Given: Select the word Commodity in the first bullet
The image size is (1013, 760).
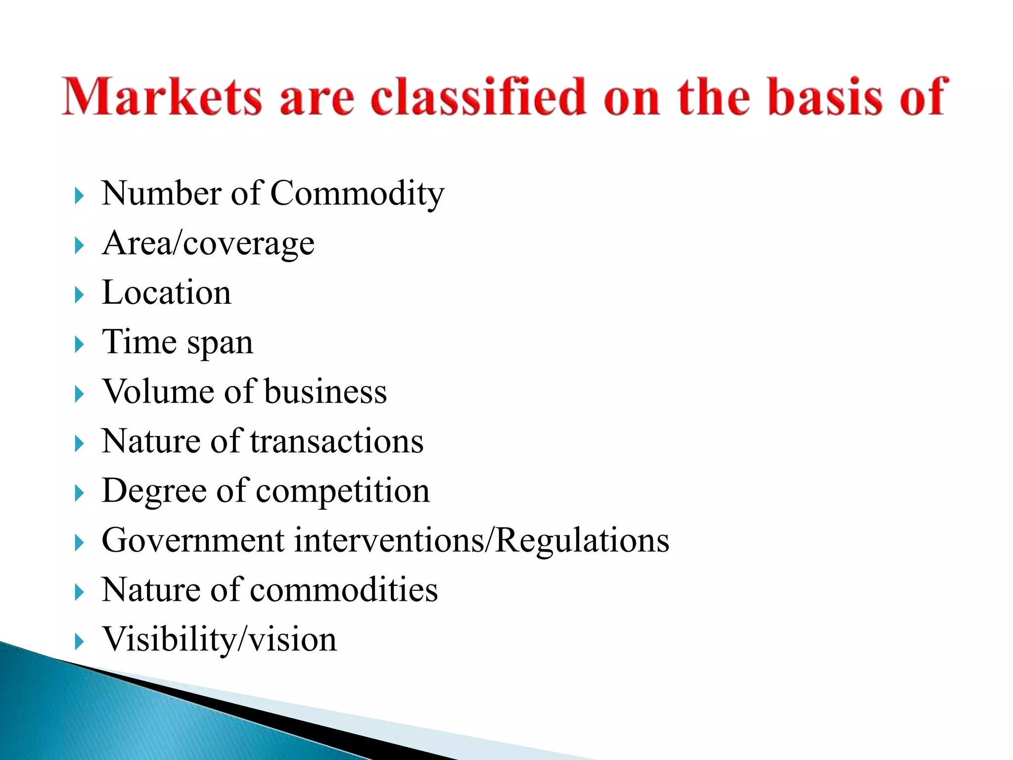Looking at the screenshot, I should click(x=357, y=193).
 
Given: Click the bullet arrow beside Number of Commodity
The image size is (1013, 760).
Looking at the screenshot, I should click(x=79, y=196).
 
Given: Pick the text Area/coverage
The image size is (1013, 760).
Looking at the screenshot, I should click(x=208, y=243).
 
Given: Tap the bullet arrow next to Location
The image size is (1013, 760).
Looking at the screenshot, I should click(x=79, y=295).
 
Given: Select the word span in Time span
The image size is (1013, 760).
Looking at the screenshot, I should click(x=220, y=342).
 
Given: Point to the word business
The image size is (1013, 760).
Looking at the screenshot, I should click(x=325, y=391).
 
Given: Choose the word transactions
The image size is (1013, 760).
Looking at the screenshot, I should click(x=337, y=441).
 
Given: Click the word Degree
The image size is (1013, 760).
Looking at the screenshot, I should click(x=154, y=491).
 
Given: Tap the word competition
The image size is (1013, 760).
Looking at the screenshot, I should click(x=343, y=491).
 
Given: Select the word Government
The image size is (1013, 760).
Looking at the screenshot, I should click(x=193, y=540).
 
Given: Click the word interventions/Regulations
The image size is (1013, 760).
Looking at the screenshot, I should click(x=482, y=540).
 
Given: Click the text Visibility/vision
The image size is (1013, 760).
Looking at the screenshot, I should click(x=219, y=639).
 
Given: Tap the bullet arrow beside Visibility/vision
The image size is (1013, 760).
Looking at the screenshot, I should click(x=79, y=642).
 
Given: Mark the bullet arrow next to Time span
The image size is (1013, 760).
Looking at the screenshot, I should click(x=79, y=345).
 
